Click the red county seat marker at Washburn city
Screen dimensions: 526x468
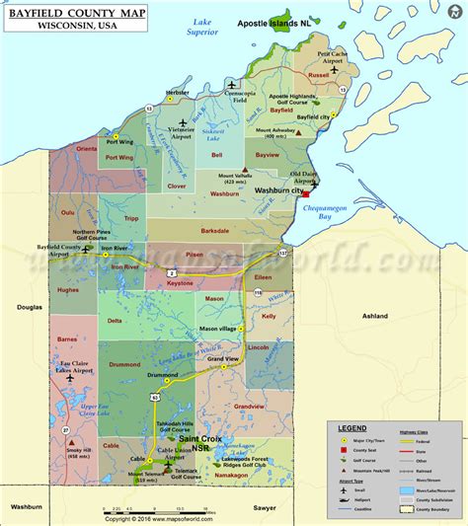pyautogui.click(x=306, y=194)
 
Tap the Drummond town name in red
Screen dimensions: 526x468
pyautogui.click(x=125, y=364)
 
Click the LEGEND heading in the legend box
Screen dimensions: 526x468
pyautogui.click(x=352, y=427)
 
